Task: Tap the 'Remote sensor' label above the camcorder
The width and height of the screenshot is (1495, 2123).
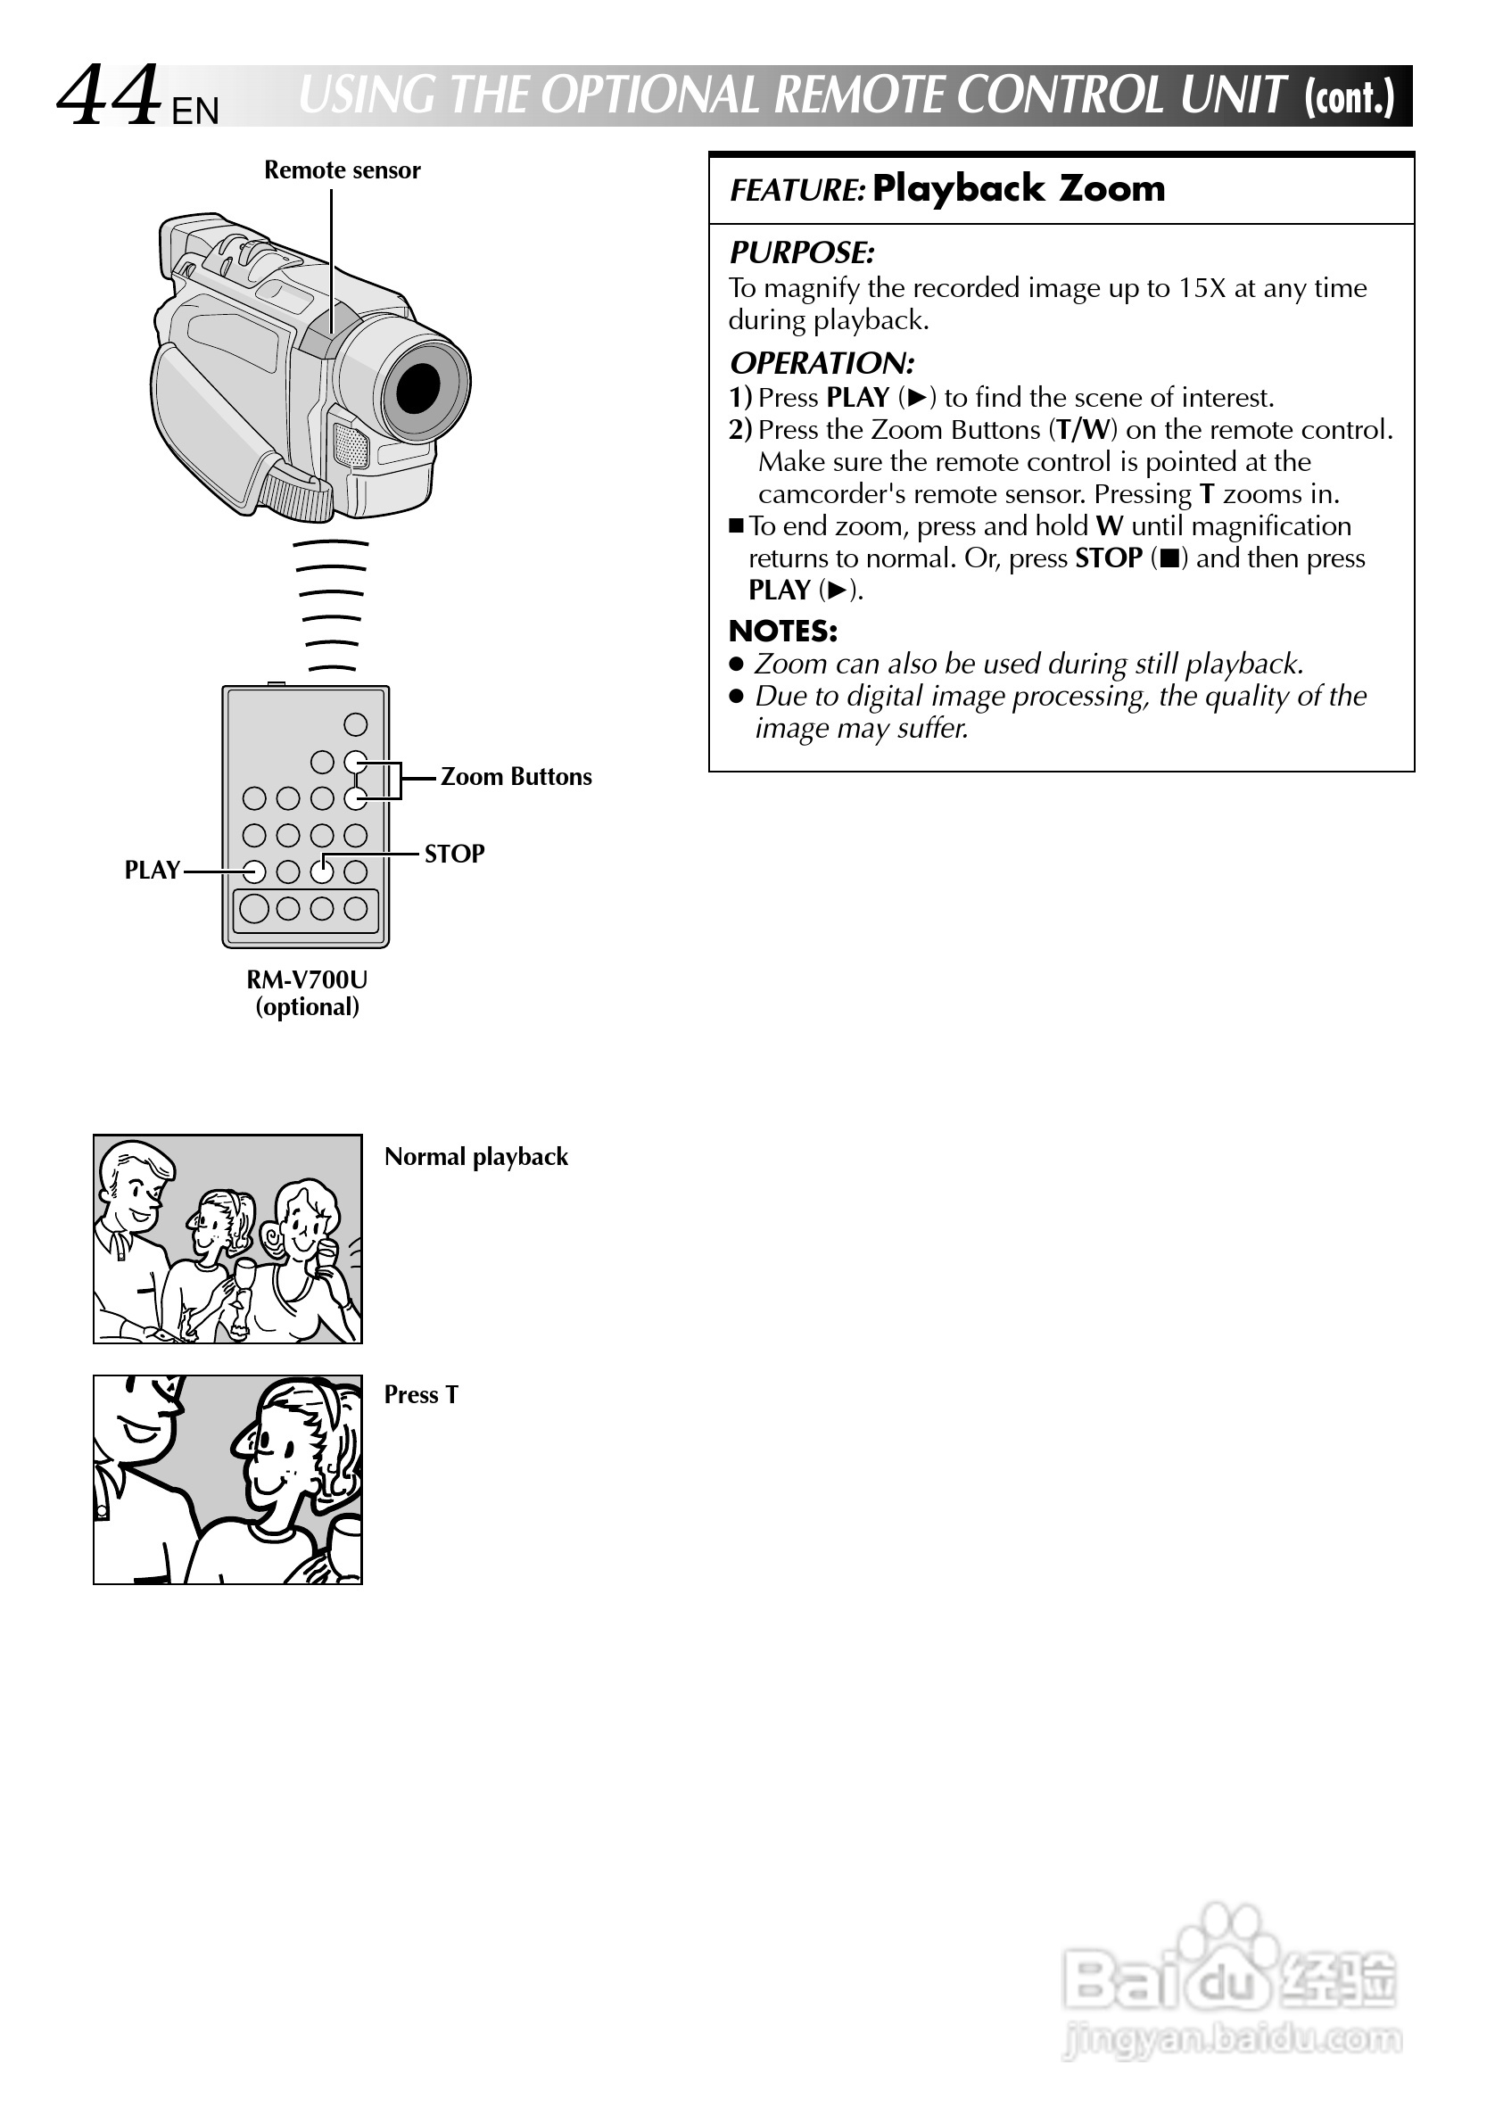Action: [343, 170]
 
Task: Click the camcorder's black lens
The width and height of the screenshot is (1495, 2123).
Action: [417, 387]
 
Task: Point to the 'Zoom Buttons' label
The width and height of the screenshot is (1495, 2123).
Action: [516, 777]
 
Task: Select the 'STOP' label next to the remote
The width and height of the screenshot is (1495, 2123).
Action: [454, 854]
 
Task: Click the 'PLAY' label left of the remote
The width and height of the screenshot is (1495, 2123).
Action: [153, 870]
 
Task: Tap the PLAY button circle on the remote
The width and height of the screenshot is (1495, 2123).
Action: [254, 871]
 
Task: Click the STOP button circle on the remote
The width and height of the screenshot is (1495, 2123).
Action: [322, 871]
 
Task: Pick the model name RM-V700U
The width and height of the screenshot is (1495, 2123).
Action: [307, 979]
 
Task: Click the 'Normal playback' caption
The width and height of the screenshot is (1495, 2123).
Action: [476, 1157]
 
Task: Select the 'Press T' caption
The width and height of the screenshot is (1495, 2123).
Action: [421, 1394]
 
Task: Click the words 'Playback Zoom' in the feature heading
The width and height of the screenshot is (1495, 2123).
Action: [1019, 188]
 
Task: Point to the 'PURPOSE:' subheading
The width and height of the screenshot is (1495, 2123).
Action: [802, 252]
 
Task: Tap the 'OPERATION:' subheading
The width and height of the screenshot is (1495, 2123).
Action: [822, 362]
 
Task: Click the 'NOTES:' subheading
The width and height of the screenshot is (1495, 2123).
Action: [783, 631]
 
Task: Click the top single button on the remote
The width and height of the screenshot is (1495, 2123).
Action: [355, 724]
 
